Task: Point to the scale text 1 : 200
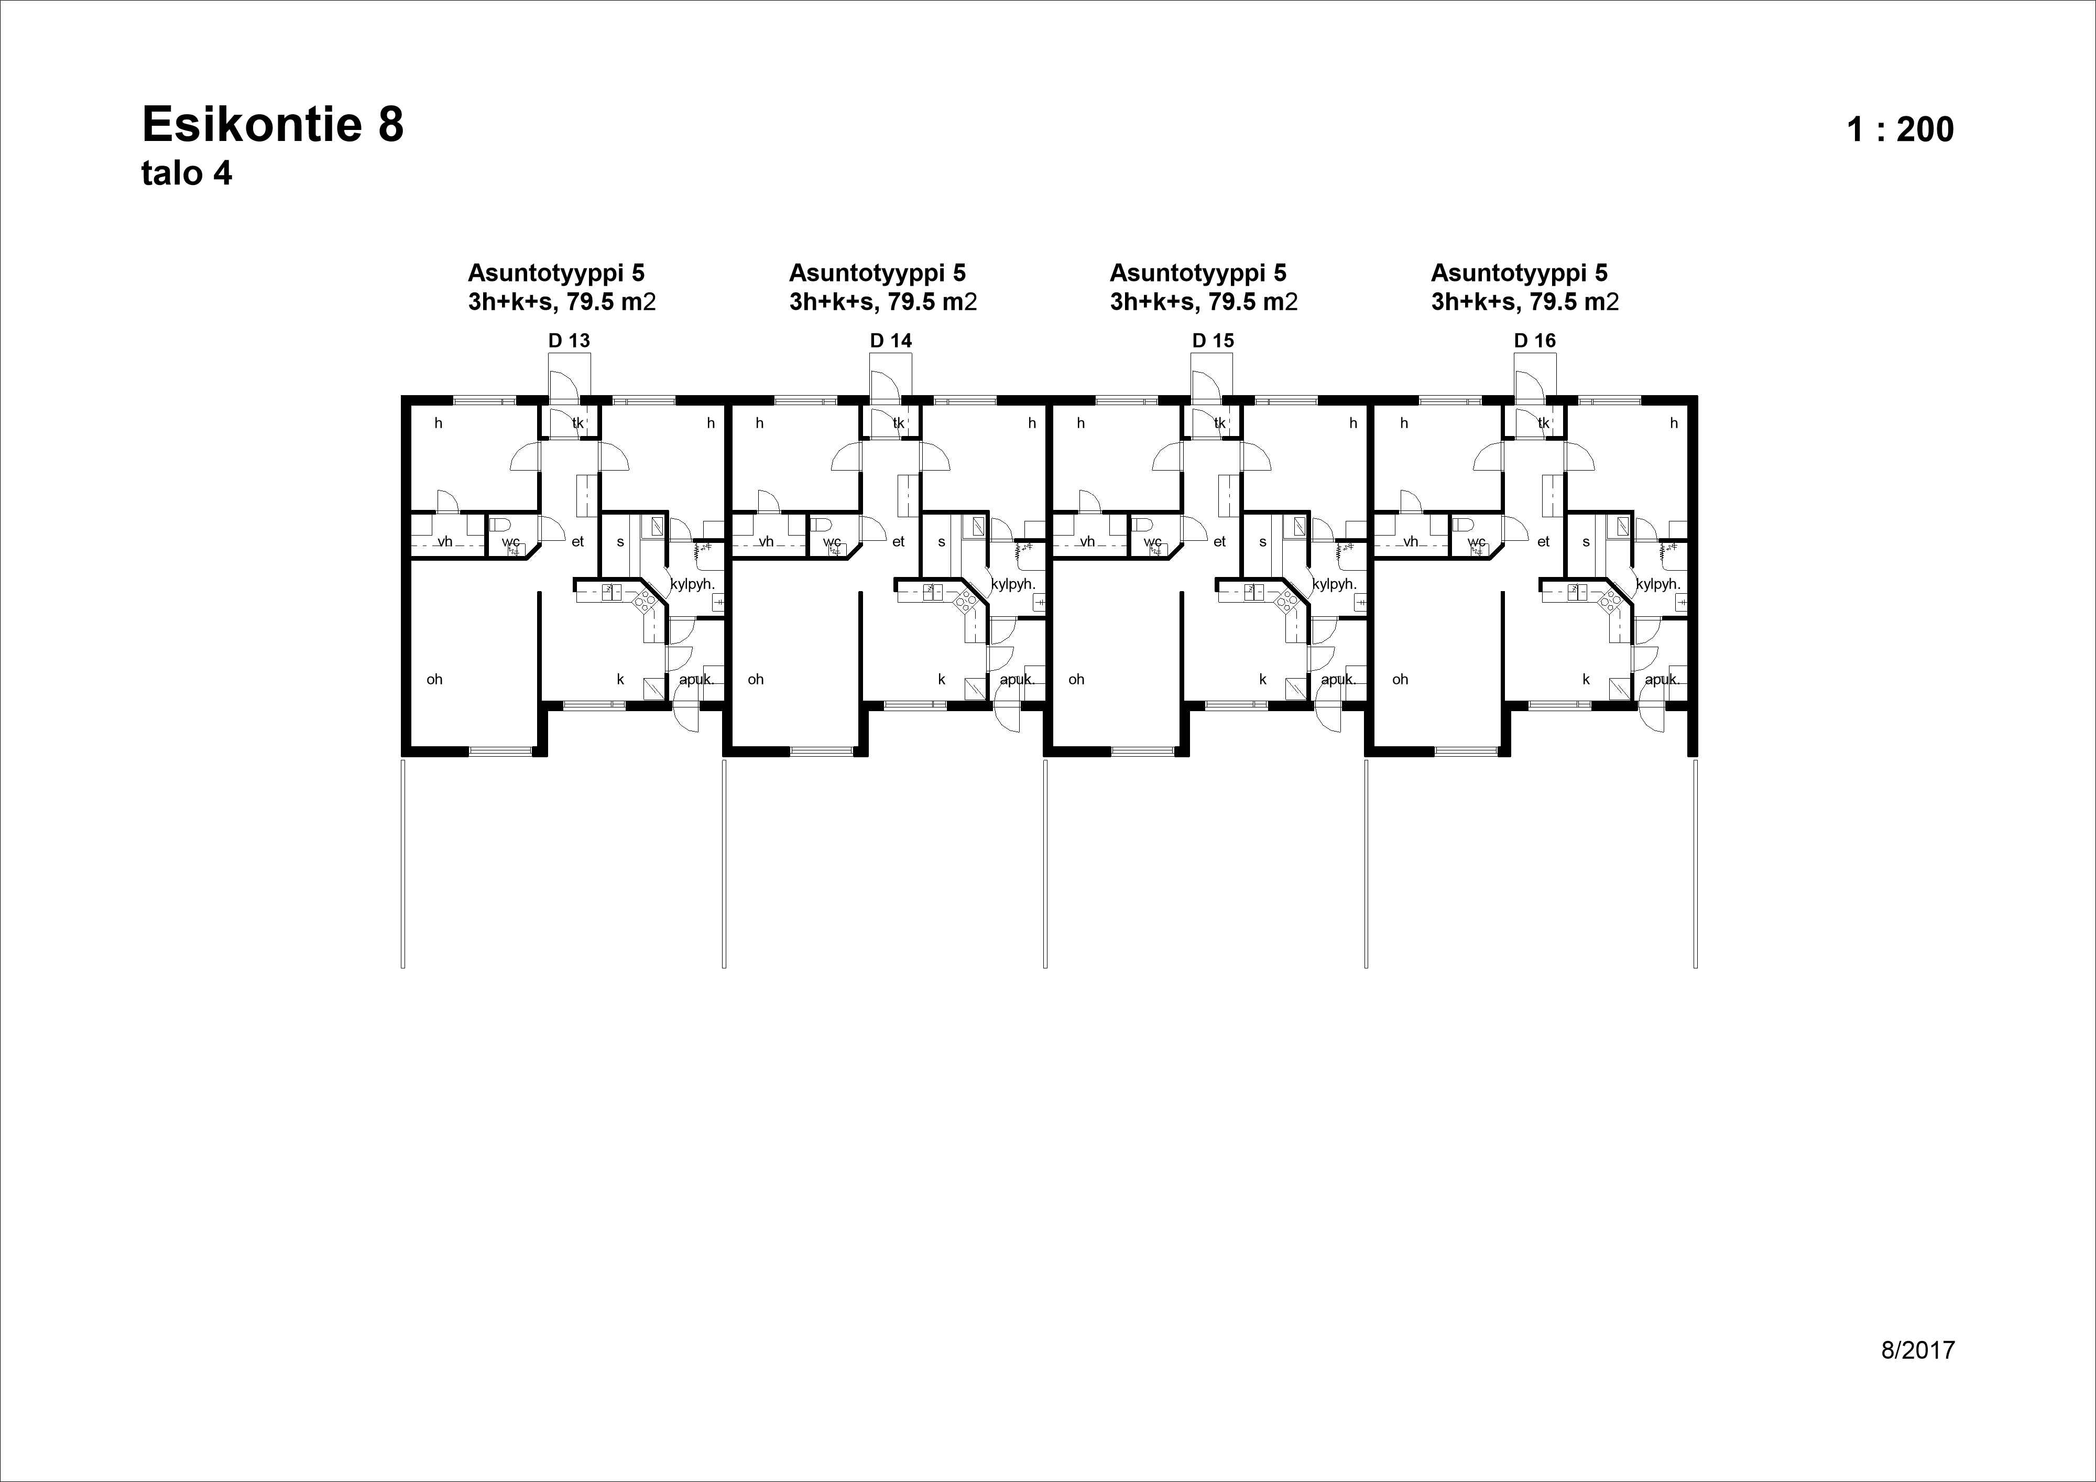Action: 1899,129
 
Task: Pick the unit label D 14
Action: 890,341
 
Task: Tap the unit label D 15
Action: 1213,341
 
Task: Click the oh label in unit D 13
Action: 434,679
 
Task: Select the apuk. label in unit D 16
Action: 1662,679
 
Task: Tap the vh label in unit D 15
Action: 1087,541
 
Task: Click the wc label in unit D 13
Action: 510,541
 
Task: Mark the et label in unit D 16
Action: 1543,541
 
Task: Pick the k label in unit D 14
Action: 941,679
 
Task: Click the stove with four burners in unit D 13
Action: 645,600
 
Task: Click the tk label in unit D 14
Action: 898,423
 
